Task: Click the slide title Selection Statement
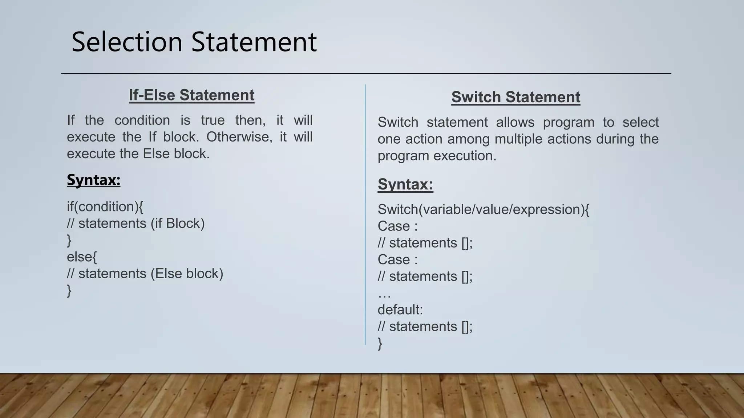(x=194, y=42)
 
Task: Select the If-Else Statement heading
(x=191, y=95)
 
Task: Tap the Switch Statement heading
(x=515, y=97)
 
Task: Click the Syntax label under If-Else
(x=93, y=180)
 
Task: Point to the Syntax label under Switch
(x=405, y=184)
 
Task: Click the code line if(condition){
(x=105, y=206)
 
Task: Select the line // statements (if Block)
(x=136, y=223)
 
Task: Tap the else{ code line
(x=82, y=257)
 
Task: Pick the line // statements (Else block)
(x=145, y=274)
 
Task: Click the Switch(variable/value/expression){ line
(x=483, y=209)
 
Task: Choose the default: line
(x=400, y=310)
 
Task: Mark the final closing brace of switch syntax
(x=380, y=343)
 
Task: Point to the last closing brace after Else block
(x=69, y=290)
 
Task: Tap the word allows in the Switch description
(x=515, y=122)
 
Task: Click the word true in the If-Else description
(x=213, y=120)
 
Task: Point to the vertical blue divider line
(x=365, y=214)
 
